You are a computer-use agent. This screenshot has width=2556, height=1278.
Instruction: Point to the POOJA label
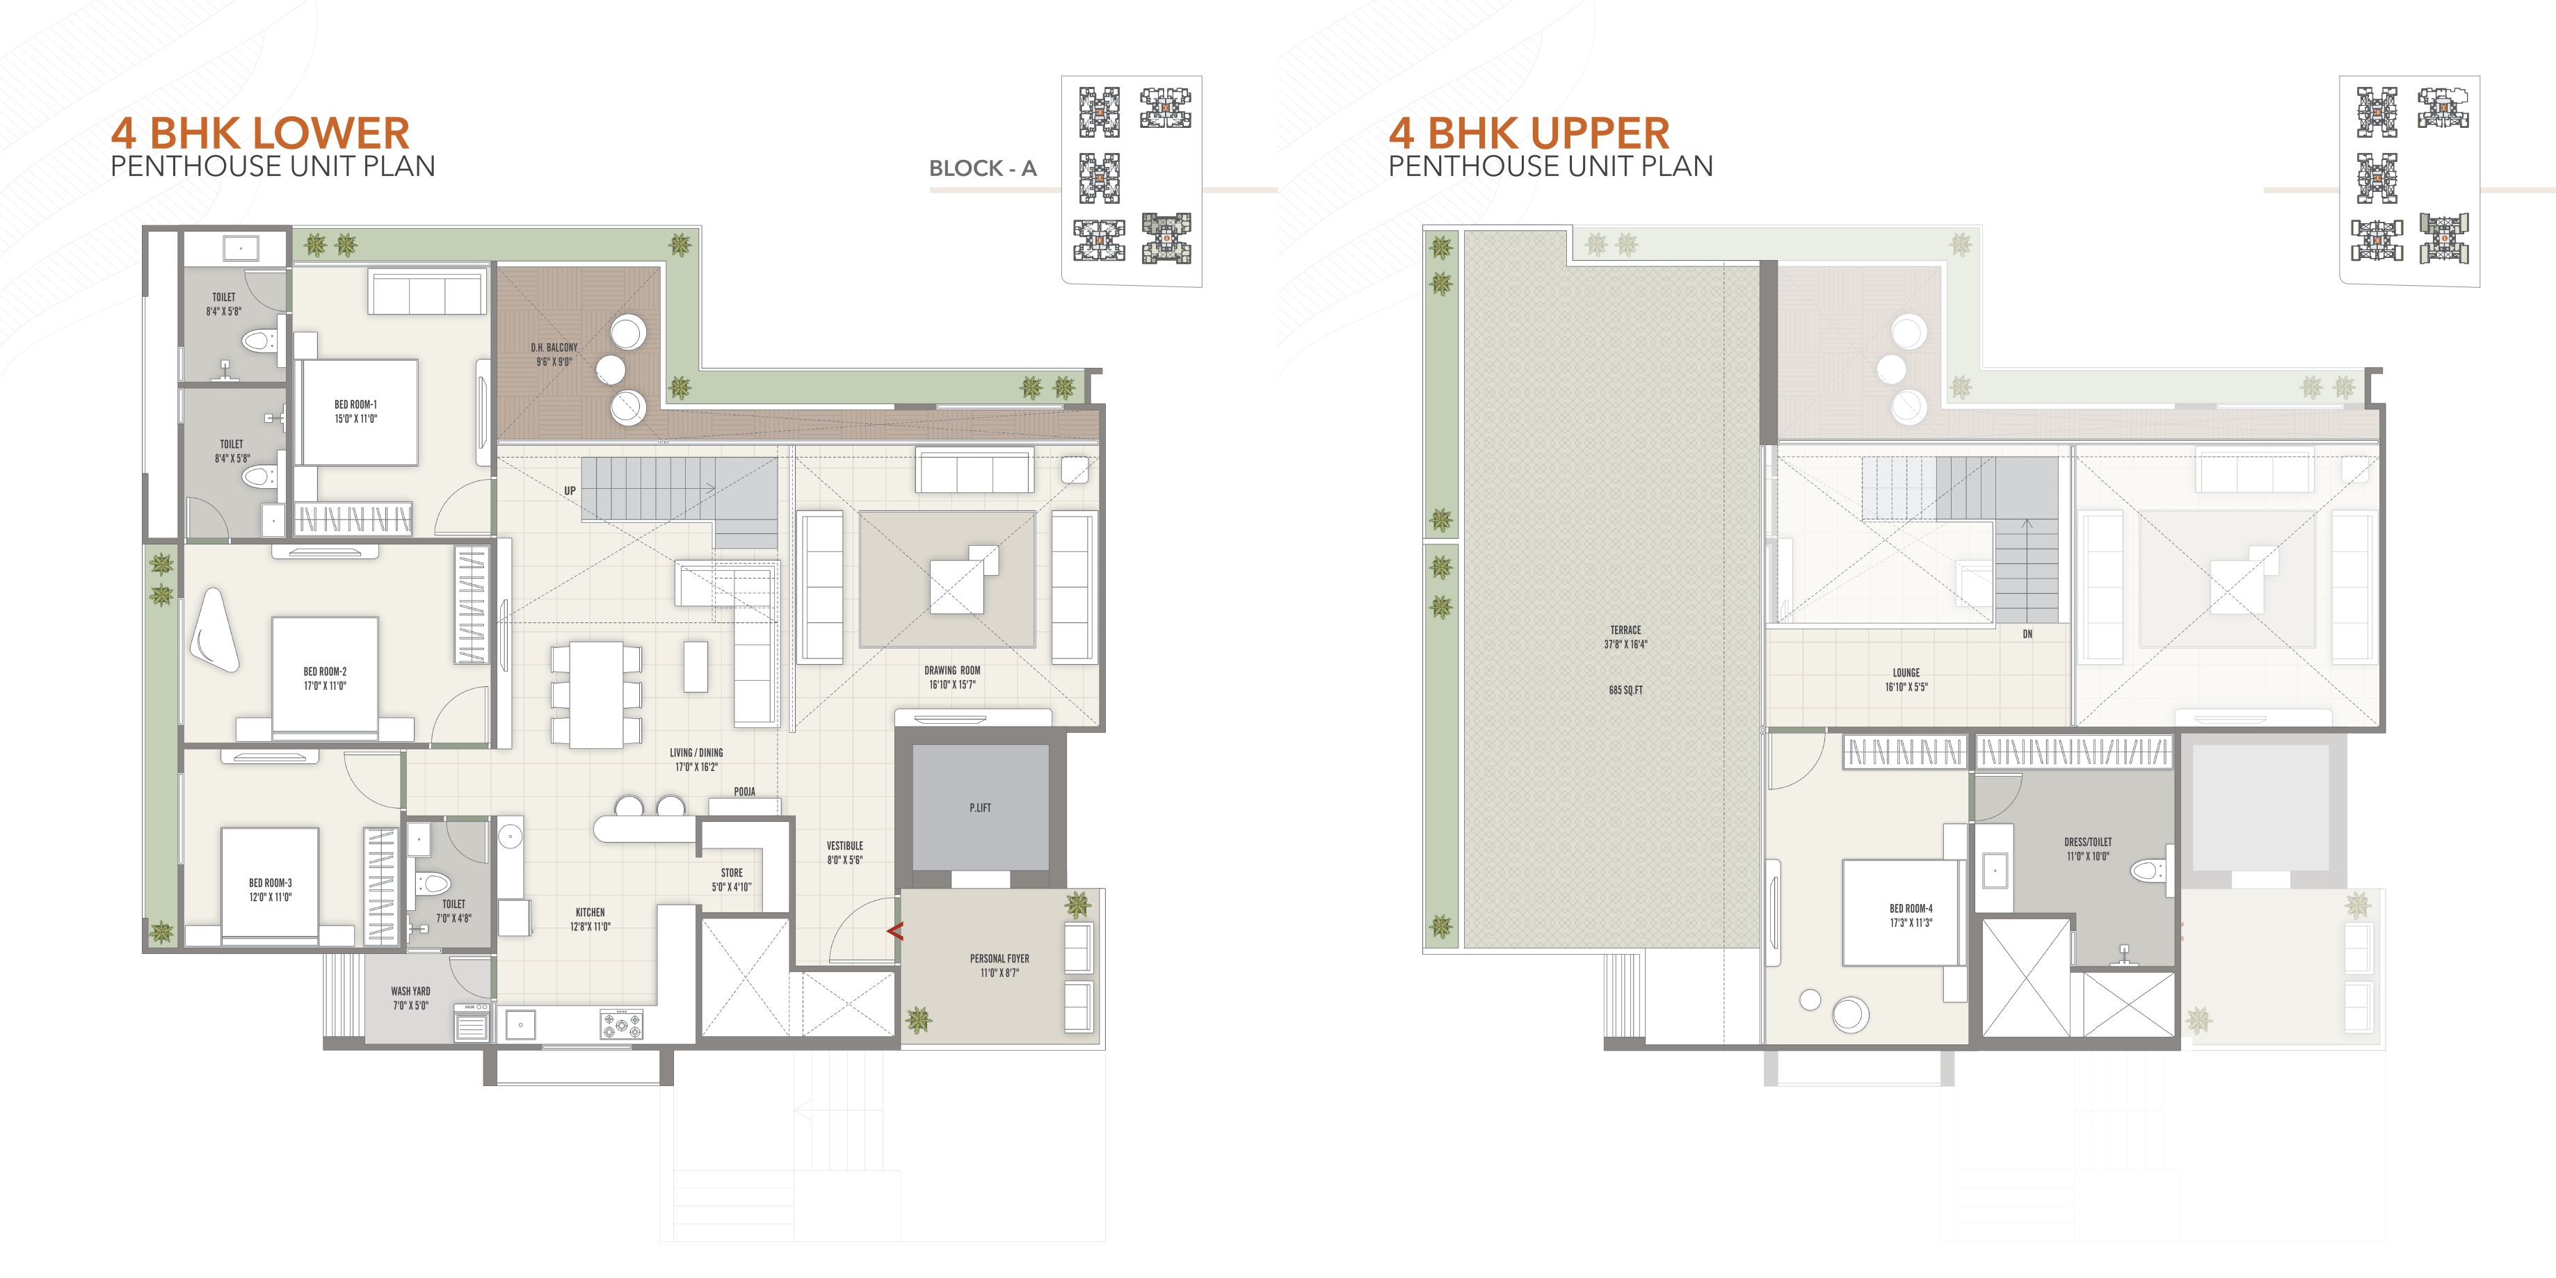[744, 792]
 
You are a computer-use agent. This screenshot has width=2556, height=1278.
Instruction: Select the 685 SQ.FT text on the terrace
[1625, 690]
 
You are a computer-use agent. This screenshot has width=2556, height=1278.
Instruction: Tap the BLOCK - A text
[982, 169]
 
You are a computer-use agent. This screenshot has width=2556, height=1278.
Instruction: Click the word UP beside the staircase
[570, 490]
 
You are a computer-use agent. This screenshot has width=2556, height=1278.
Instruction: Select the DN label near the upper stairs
[2027, 634]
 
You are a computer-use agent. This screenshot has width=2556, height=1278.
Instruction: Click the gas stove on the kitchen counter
[621, 1023]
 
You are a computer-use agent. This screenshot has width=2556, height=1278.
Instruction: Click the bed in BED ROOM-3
[270, 883]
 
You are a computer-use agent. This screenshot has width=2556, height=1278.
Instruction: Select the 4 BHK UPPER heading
[1528, 133]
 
